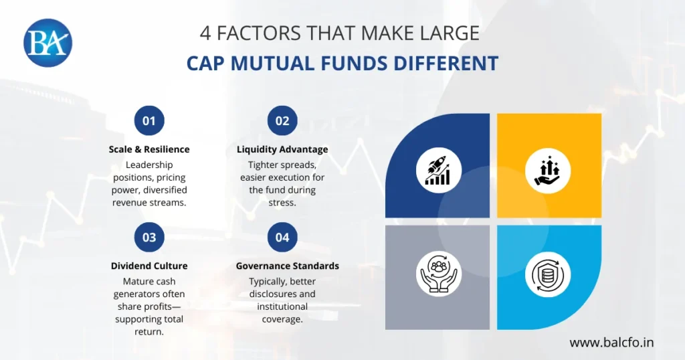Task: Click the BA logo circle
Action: (47, 43)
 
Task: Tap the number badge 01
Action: (149, 121)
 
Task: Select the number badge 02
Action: (282, 121)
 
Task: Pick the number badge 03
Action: (149, 238)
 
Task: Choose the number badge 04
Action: (282, 238)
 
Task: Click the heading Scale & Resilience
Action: (149, 149)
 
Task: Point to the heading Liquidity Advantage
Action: (282, 149)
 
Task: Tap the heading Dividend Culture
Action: (149, 266)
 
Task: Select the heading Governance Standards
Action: (288, 266)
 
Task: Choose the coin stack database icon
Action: (547, 275)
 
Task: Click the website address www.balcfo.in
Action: (611, 343)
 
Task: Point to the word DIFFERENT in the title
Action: (445, 64)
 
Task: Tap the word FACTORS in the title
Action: (264, 32)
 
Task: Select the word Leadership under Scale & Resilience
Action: (149, 165)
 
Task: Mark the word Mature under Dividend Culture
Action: (138, 281)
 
